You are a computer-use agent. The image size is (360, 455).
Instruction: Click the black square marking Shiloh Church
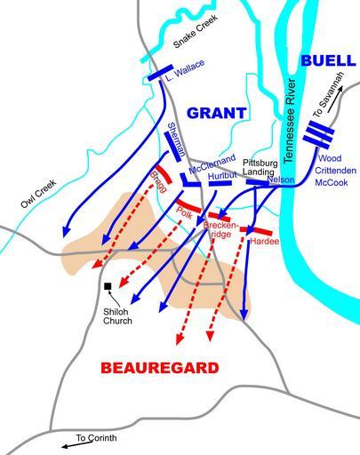(x=108, y=286)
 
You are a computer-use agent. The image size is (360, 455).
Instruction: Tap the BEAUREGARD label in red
(x=160, y=368)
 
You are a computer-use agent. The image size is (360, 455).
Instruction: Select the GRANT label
(x=217, y=113)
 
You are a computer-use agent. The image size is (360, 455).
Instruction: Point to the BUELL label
(x=328, y=60)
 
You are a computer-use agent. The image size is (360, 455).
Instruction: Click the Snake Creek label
(x=196, y=31)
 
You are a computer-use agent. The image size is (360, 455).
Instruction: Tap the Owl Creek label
(x=38, y=194)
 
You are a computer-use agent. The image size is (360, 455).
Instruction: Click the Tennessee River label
(x=289, y=121)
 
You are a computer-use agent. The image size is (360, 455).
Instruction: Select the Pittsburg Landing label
(x=260, y=167)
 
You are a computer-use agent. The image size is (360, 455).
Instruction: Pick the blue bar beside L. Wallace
(x=160, y=73)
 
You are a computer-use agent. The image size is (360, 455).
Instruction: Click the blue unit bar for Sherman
(x=172, y=147)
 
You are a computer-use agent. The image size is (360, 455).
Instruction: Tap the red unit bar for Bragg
(x=164, y=174)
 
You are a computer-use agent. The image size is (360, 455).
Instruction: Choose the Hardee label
(x=265, y=242)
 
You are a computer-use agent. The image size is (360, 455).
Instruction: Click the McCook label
(x=332, y=182)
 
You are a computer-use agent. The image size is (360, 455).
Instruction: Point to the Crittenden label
(x=335, y=171)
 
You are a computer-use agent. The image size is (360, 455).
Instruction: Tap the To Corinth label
(x=96, y=438)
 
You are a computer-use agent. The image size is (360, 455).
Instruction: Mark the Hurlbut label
(x=222, y=176)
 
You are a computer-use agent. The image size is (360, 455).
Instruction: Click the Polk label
(x=184, y=212)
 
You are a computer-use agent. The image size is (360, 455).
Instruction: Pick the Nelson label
(x=281, y=180)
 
